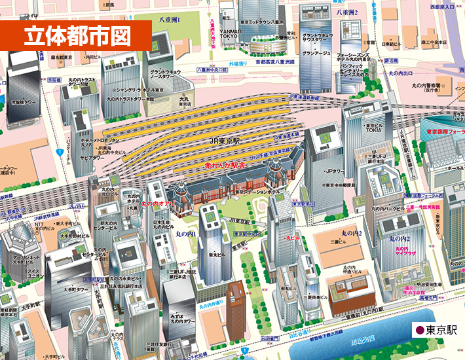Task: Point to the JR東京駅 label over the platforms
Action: coord(223,141)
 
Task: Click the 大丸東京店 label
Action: coord(185,101)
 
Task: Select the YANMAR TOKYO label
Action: coord(229,33)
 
